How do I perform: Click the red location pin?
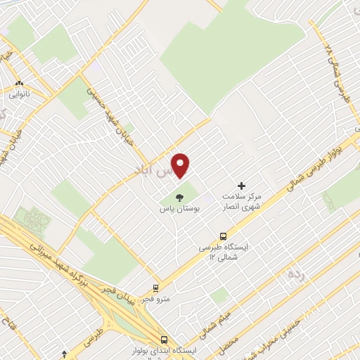coord(181,165)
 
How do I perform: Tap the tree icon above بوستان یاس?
coord(179,196)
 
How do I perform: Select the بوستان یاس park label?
coord(179,209)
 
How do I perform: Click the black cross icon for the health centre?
coord(242,186)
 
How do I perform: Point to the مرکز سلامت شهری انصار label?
coord(241,202)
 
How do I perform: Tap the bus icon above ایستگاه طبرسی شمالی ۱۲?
coord(223,236)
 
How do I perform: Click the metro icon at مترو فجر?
coord(155,288)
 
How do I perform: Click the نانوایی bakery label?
coord(20,92)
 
